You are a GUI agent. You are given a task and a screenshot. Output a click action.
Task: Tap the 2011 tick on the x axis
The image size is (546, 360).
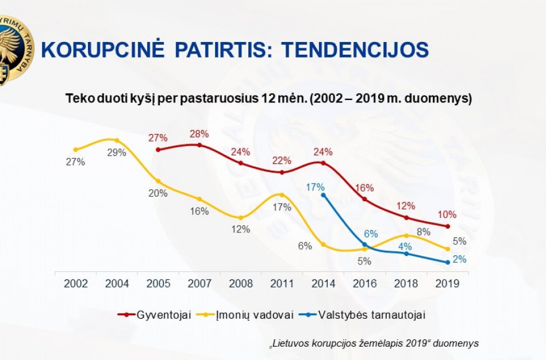[x=282, y=284]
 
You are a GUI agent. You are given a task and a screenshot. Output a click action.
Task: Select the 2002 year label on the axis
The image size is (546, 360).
[x=76, y=284]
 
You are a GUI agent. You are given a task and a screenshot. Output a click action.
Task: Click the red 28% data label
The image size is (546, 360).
[x=199, y=135]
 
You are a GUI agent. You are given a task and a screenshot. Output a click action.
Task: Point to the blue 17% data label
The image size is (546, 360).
[x=316, y=187]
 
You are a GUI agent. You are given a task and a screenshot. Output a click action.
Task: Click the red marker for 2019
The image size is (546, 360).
[x=447, y=226]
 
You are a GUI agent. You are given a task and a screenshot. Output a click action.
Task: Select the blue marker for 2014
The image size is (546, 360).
[x=323, y=195]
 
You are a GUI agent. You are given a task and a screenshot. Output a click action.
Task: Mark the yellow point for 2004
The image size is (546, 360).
[x=117, y=140]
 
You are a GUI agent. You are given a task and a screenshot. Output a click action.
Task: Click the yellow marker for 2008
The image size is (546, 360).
[x=240, y=217]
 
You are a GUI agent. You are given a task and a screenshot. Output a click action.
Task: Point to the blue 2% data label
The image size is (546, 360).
[x=459, y=259]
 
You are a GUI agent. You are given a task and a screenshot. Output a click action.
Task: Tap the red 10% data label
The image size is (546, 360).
[x=447, y=215]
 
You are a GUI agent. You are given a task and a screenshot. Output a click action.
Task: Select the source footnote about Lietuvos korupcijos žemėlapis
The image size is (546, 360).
[x=374, y=343]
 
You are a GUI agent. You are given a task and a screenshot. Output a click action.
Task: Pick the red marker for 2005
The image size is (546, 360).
[x=158, y=149]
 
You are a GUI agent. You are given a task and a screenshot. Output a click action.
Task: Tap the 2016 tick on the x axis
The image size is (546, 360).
[x=364, y=284]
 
